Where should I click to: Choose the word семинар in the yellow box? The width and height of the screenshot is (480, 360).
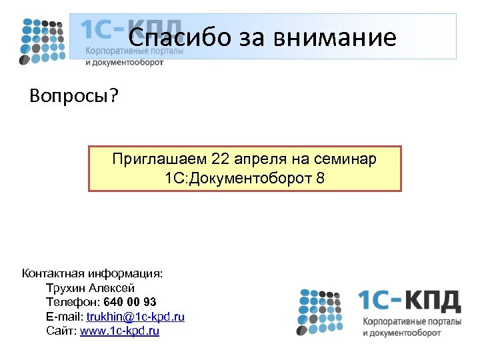345,159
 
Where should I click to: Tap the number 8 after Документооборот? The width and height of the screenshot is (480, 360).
321,178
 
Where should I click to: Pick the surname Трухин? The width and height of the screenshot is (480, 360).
66,288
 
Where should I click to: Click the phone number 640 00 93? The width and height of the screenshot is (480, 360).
131,302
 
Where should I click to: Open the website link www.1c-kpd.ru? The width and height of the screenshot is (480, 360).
119,330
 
